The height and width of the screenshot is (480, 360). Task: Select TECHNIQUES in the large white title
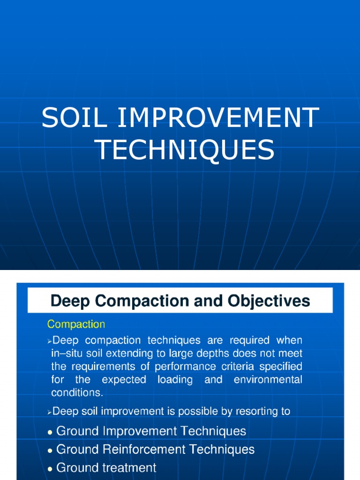pyautogui.click(x=185, y=150)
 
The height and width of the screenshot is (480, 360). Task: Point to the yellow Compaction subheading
pyautogui.click(x=76, y=324)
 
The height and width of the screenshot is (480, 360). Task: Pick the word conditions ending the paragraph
pyautogui.click(x=76, y=392)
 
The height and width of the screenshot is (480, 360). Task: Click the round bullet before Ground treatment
pyautogui.click(x=50, y=468)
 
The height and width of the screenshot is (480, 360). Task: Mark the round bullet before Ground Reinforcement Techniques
pyautogui.click(x=50, y=450)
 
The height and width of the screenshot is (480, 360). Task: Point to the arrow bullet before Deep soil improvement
pyautogui.click(x=50, y=412)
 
